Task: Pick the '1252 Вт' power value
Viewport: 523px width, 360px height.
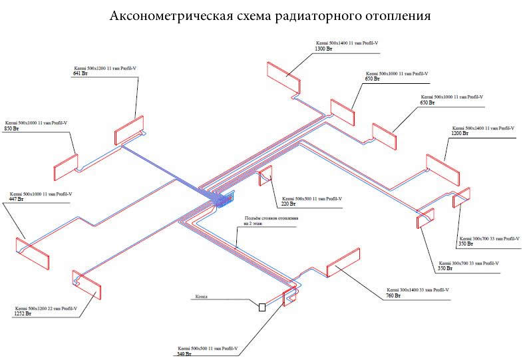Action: coord(23,313)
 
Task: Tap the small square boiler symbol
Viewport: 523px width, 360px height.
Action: coord(262,307)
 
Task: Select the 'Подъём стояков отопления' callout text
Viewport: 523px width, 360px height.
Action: coord(271,219)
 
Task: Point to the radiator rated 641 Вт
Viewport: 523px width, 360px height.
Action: coord(129,131)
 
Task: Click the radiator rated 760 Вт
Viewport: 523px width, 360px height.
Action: coord(343,262)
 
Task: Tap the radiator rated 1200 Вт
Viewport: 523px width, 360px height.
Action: coord(442,170)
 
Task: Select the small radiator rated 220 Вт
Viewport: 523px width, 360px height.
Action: coord(265,176)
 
